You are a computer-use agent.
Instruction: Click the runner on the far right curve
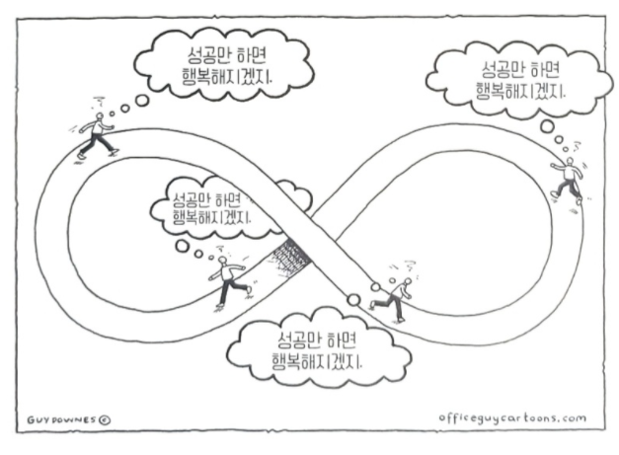point(568,178)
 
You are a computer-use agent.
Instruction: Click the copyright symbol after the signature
point(105,417)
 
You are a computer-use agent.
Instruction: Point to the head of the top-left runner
point(101,117)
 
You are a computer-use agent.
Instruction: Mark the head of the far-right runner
point(568,161)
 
